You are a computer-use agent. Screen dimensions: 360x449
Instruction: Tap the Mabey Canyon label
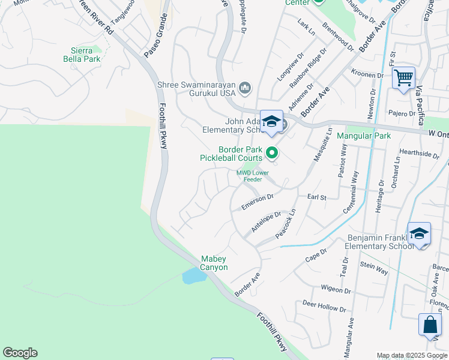214,263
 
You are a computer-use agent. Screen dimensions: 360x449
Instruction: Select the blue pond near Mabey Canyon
193,275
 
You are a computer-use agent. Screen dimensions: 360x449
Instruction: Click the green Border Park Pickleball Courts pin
272,154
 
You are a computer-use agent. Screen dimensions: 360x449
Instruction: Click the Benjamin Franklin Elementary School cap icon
419,233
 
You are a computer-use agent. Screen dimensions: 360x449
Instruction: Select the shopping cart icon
404,77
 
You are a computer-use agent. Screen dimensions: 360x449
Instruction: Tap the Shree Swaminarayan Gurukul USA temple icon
244,89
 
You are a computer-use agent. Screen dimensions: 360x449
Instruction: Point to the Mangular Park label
364,136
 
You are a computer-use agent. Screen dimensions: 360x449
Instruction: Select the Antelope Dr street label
266,221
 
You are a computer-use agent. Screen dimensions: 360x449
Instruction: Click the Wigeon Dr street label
336,289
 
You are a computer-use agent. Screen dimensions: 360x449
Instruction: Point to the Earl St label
316,197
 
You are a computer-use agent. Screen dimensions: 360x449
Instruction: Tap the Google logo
20,353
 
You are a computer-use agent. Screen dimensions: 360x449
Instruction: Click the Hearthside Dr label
419,154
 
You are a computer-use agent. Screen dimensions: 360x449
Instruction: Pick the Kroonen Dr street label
368,76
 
